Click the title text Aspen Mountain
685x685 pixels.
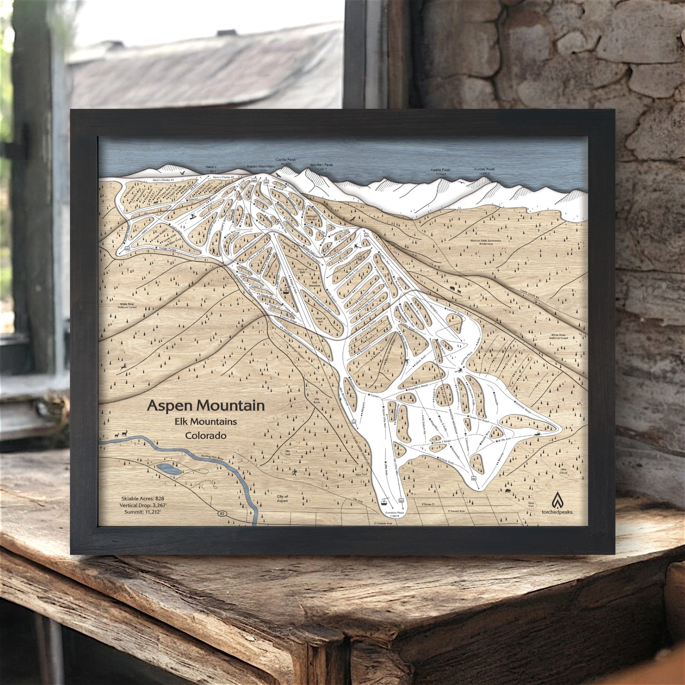[x=206, y=405]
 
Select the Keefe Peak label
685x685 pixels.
[x=440, y=170]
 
